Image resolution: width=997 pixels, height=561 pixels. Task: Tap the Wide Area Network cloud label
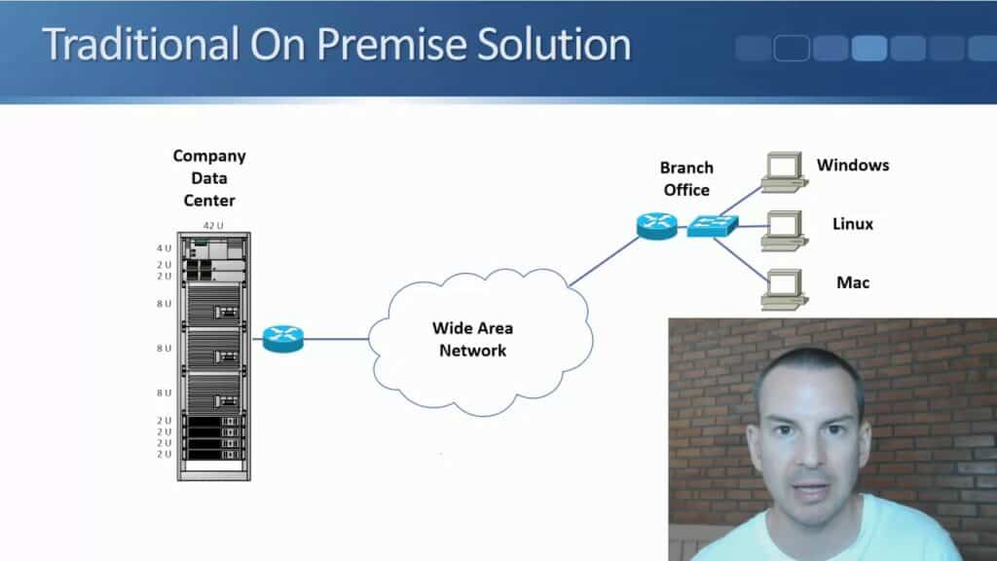point(472,340)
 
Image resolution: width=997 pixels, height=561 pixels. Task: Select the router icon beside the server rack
point(283,338)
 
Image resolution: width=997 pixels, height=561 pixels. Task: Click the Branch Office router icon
point(656,224)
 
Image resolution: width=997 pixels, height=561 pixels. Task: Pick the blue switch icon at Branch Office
point(712,225)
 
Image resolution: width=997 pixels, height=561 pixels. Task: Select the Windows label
point(852,165)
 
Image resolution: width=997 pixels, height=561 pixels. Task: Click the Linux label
point(852,224)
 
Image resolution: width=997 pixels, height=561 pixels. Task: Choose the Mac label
point(852,282)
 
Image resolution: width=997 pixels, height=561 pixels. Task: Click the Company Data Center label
point(209,177)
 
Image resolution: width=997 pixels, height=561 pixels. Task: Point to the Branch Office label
point(686,178)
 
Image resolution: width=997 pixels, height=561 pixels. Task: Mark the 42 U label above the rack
point(213,225)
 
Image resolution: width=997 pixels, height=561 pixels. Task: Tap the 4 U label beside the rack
point(163,247)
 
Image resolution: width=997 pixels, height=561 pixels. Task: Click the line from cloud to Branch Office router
point(604,260)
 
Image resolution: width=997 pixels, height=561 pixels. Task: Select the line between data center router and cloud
point(336,339)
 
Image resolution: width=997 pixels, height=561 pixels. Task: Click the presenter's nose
point(808,450)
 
